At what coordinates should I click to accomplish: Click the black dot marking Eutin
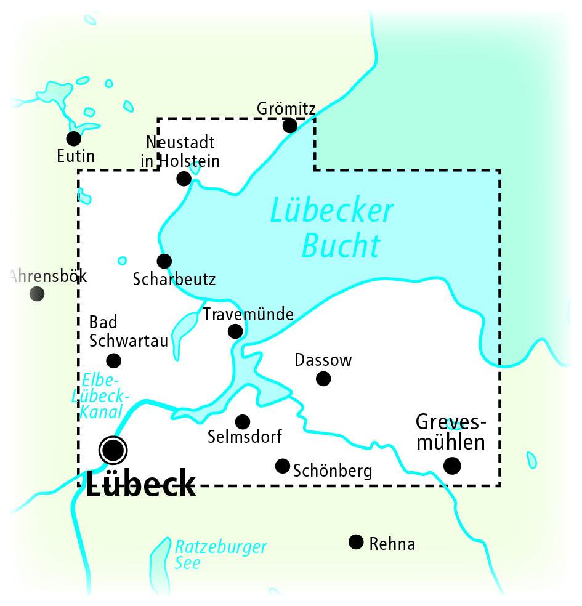point(74,139)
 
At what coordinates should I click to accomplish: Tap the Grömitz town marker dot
point(289,126)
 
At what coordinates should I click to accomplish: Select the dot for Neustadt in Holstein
point(184,179)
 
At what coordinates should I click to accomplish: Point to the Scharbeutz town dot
point(164,261)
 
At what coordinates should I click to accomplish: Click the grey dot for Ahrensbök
point(37,294)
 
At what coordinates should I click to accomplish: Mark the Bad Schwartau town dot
point(113,360)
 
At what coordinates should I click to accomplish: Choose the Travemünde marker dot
point(235,331)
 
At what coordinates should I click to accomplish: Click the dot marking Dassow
point(323,378)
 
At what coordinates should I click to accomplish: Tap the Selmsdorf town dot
point(243,421)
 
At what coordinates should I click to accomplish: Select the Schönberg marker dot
point(283,465)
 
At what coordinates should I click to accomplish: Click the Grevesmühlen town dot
point(452,466)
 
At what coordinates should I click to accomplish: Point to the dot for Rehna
point(356,542)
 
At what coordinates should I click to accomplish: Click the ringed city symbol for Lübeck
point(113,450)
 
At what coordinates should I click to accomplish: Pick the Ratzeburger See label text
point(220,554)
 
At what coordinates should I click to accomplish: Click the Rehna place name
point(392,544)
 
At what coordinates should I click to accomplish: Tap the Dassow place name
point(323,360)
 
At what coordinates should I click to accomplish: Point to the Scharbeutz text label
point(174,280)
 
